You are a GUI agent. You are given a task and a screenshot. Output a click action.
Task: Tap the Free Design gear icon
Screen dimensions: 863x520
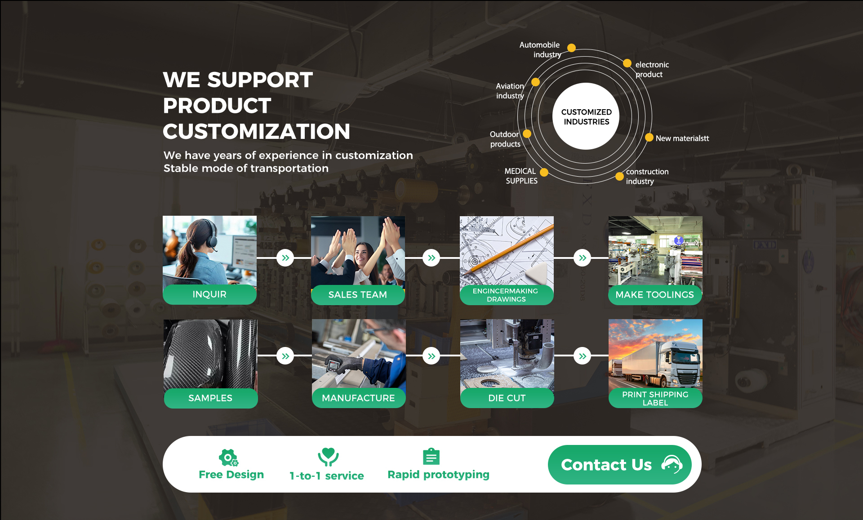click(228, 458)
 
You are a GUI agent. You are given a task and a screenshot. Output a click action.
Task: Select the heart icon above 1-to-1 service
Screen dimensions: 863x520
click(328, 457)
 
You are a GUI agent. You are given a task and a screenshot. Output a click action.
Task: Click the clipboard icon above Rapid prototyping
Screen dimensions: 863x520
click(431, 457)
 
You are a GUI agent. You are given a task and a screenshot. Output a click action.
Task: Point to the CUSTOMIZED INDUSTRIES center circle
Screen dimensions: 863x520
click(586, 116)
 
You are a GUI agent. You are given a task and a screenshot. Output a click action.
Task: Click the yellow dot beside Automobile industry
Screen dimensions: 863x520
click(571, 48)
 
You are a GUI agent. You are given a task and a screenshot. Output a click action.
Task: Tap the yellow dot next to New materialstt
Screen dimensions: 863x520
click(649, 138)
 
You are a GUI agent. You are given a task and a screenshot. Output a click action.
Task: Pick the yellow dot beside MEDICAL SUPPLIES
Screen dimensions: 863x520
click(544, 172)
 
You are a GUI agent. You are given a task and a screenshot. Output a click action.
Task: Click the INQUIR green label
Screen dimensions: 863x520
click(209, 294)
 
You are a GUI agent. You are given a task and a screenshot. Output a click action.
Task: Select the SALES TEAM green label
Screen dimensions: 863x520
click(358, 295)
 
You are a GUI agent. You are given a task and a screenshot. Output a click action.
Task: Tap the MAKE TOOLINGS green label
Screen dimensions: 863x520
click(655, 295)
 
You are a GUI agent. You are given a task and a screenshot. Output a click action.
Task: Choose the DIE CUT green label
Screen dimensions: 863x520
click(507, 398)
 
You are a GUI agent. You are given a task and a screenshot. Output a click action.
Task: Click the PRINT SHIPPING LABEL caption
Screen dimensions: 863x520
click(655, 398)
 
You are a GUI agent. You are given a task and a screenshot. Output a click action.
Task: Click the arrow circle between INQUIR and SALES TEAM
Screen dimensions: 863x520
click(285, 258)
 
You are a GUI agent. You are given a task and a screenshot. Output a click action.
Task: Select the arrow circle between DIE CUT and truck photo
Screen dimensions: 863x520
click(582, 356)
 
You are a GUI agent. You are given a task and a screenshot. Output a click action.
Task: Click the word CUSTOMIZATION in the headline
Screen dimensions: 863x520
click(256, 132)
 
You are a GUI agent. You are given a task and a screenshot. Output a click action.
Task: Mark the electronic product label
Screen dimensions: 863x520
click(651, 70)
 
